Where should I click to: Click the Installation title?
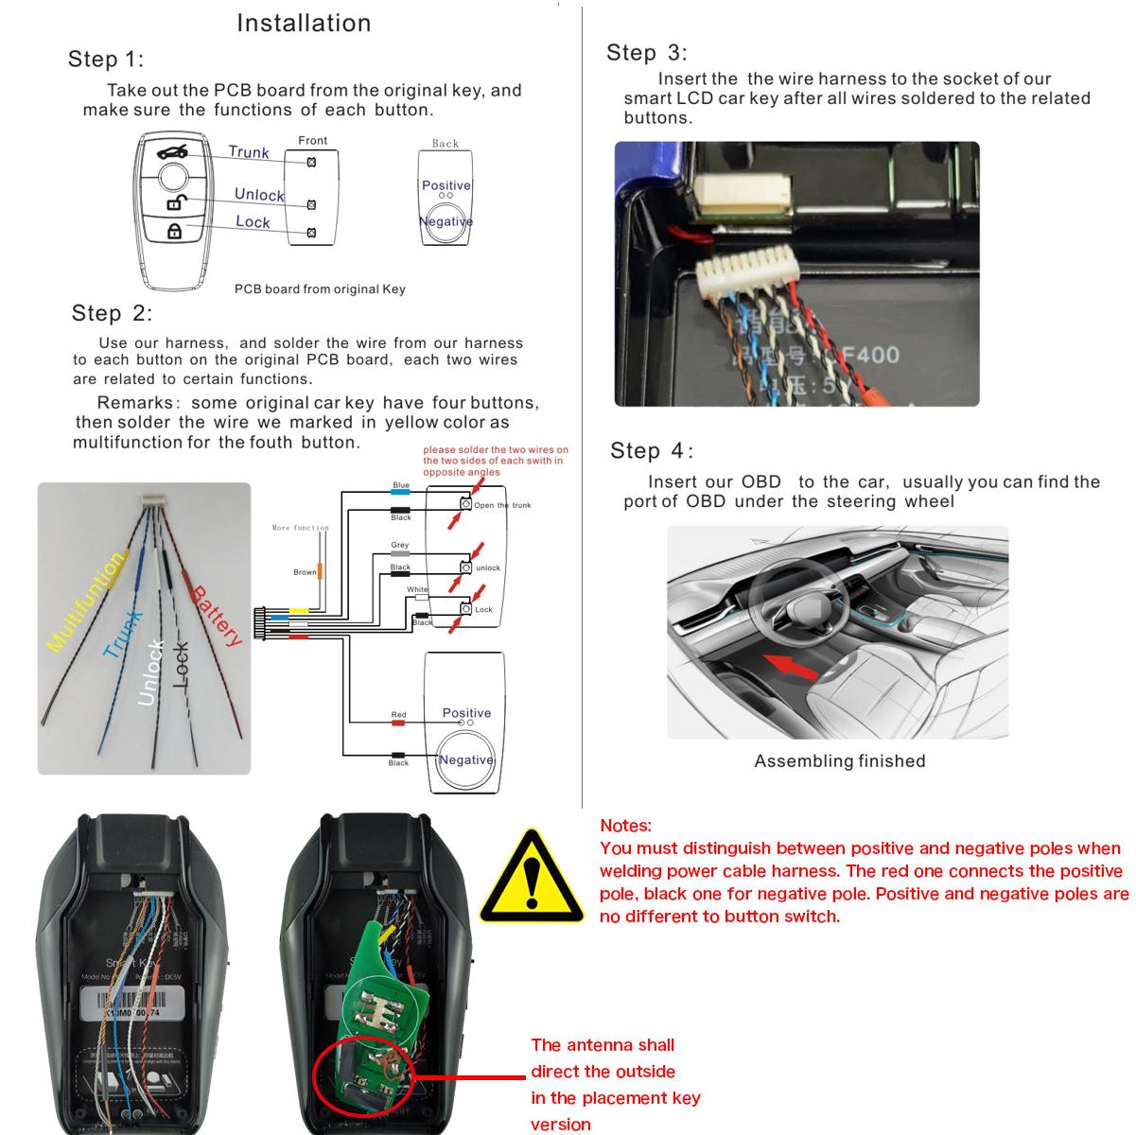point(304,23)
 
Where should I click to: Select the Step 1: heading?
point(106,60)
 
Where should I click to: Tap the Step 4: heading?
point(652,450)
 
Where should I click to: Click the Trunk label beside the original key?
point(249,152)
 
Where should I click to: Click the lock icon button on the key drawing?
point(174,231)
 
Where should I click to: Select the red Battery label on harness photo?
point(217,616)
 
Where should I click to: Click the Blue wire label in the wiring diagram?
point(401,486)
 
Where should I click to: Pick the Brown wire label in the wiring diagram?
point(305,572)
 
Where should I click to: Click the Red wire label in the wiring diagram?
point(398,715)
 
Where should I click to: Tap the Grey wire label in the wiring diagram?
point(400,546)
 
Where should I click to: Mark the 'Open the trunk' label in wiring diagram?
point(502,505)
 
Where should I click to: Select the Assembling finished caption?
point(839,761)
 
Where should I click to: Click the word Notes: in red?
point(625,826)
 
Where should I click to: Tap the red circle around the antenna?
point(365,1075)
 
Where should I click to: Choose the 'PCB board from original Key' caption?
point(320,289)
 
